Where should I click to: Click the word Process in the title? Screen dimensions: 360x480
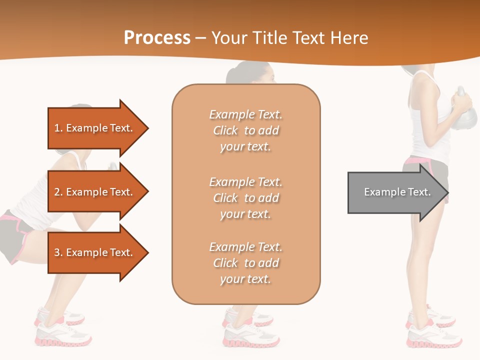pyautogui.click(x=157, y=38)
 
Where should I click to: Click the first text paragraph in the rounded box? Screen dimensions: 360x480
pyautogui.click(x=245, y=130)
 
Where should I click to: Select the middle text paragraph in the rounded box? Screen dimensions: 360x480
pyautogui.click(x=245, y=198)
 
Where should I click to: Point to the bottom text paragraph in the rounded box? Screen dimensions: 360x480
pyautogui.click(x=245, y=263)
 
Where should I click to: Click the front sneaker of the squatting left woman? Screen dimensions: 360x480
pyautogui.click(x=62, y=335)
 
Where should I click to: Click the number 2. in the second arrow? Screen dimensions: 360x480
pyautogui.click(x=58, y=192)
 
